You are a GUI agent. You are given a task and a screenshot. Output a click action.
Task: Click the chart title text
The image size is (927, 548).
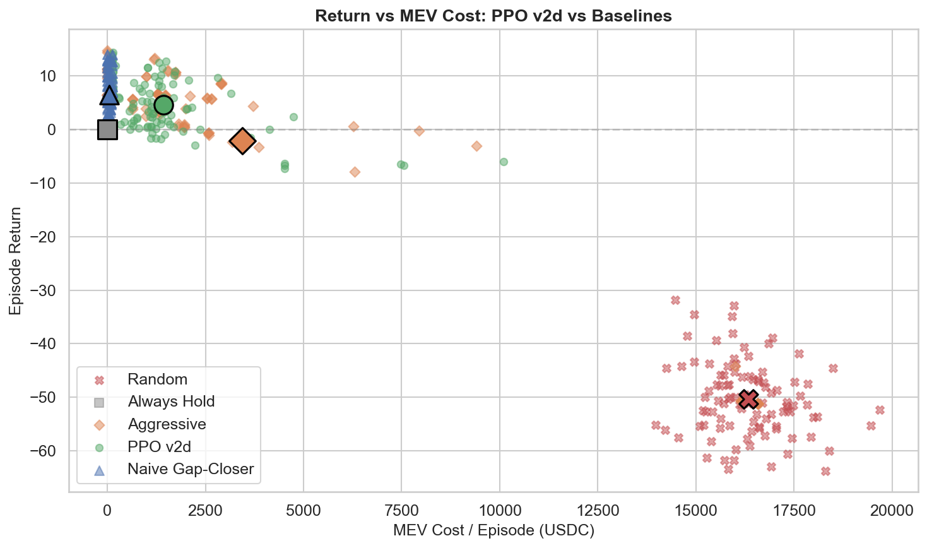coord(493,16)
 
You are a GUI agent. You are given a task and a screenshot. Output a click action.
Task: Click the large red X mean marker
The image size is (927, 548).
coord(748,399)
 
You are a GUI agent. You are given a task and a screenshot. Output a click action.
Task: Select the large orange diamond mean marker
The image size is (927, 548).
coord(242,141)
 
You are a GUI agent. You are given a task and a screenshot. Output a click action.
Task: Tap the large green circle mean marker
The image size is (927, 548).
coord(163,105)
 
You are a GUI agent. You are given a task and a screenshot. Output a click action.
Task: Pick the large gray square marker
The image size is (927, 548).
coord(108,129)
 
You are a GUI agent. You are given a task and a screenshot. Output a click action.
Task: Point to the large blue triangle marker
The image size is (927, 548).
coord(109,95)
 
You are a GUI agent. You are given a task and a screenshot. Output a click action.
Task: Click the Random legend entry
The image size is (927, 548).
coord(157,379)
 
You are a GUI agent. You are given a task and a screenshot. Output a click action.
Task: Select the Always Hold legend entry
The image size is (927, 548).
coord(171,402)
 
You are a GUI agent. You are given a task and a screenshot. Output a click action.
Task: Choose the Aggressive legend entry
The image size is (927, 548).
coord(167,424)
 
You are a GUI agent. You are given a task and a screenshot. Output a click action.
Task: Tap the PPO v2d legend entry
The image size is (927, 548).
coord(159,447)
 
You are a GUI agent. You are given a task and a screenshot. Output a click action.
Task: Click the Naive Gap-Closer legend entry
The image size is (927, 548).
coord(191,469)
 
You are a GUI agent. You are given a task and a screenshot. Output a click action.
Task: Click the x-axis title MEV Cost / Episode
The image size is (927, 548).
coord(493,530)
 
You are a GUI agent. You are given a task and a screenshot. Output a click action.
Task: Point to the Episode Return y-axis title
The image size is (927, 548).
coord(16,261)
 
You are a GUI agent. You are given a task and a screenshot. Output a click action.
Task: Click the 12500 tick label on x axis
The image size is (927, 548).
coord(597,510)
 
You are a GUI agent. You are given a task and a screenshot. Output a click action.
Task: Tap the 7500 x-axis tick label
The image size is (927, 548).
coord(401,510)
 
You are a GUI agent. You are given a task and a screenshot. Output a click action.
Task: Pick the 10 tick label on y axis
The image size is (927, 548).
coord(47,76)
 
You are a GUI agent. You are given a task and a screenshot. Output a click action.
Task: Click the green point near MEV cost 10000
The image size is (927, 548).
coord(504,162)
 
